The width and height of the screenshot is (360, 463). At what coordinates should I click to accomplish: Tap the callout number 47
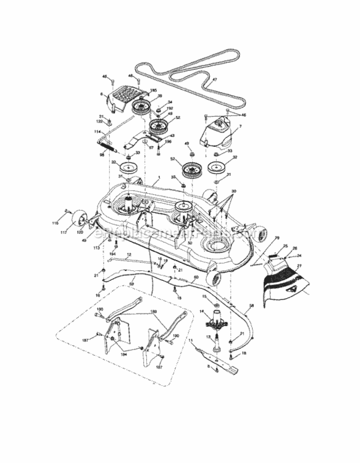(214, 80)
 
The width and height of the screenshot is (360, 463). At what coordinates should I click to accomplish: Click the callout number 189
(154, 312)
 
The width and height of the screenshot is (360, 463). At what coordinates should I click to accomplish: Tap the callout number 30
(233, 191)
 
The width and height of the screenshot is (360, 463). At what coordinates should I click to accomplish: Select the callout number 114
(98, 131)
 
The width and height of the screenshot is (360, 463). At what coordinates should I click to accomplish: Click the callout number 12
(129, 254)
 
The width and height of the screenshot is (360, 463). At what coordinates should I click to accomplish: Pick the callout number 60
(196, 278)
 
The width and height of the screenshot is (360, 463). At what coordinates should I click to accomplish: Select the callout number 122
(99, 121)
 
